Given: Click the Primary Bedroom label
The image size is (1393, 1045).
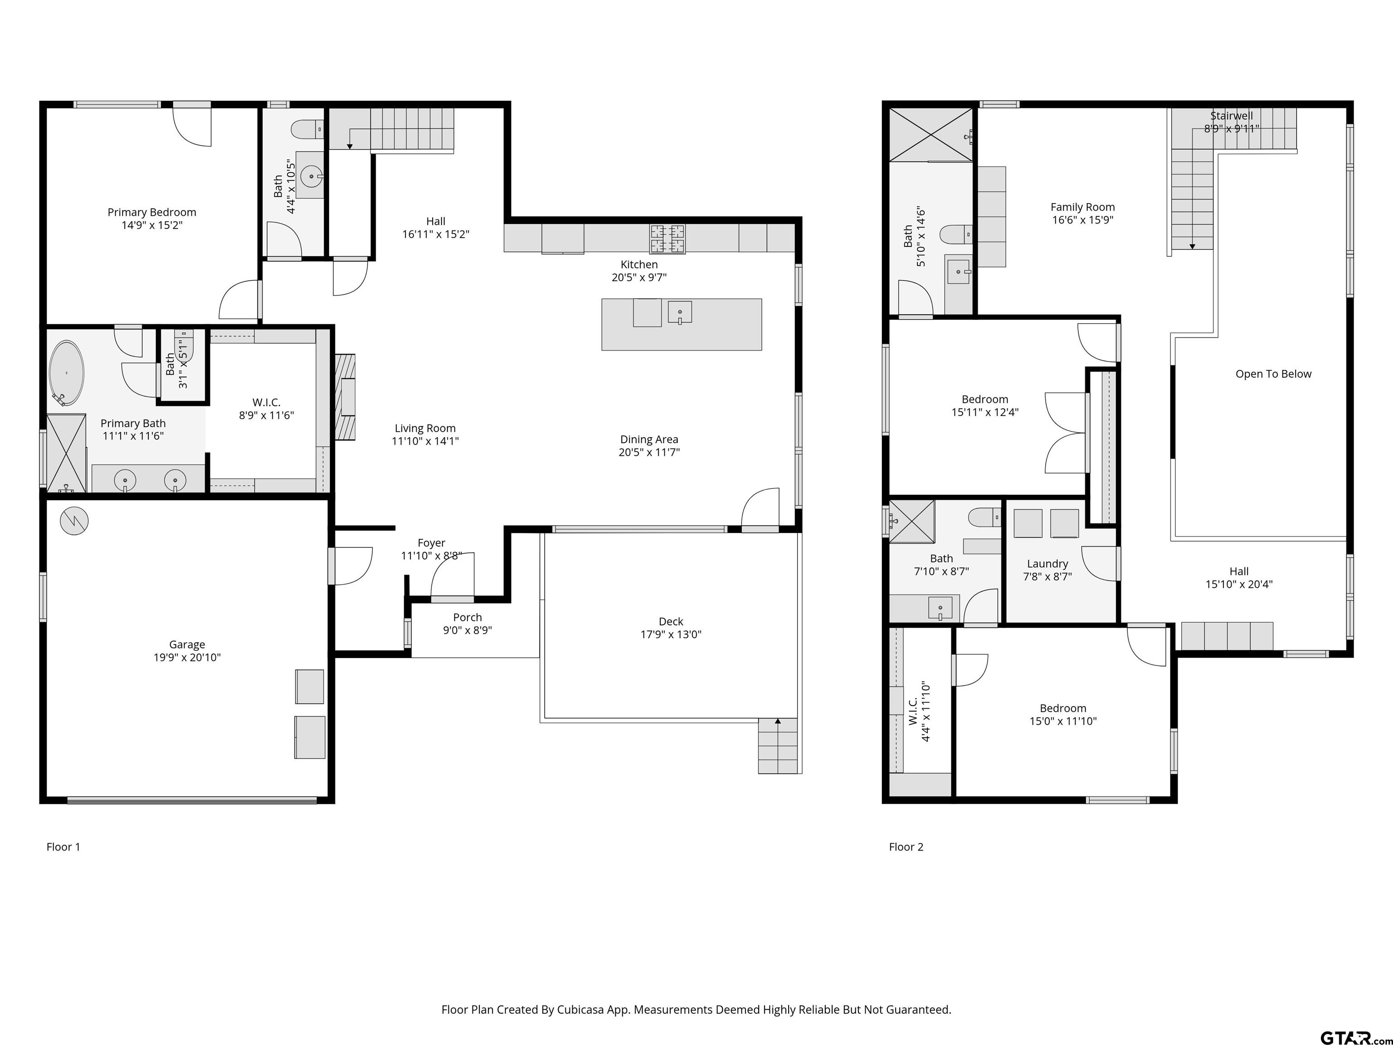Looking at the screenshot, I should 152,212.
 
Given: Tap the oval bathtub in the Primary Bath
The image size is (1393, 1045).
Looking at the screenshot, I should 66,373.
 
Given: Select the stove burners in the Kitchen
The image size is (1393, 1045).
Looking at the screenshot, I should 667,239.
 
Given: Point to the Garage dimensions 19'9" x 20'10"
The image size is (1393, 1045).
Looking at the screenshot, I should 187,658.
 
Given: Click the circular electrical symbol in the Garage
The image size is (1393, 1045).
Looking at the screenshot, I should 74,521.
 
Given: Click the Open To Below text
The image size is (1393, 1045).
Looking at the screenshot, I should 1273,374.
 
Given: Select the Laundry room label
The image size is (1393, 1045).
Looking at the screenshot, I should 1047,564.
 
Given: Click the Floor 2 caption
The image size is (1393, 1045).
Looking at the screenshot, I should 906,847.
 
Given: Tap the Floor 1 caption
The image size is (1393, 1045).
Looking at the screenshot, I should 63,847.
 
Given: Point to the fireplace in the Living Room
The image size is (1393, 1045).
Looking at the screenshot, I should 345,397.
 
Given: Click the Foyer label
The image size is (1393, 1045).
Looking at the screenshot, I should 431,543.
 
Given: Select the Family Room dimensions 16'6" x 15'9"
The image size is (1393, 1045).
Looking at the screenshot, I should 1082,220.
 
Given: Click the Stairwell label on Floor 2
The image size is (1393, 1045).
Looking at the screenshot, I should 1231,116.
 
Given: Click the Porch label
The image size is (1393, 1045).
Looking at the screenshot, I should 467,618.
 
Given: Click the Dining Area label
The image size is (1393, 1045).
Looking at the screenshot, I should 648,439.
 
